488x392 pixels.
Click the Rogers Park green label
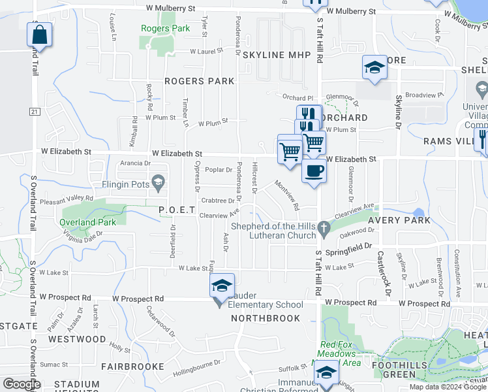point(166,28)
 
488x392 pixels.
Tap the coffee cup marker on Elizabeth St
point(314,171)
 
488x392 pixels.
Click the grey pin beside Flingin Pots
point(157,181)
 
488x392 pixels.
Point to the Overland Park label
point(88,222)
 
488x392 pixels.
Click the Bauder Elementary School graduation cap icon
point(222,286)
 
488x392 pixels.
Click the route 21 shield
point(35,112)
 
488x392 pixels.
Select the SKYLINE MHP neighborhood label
point(276,56)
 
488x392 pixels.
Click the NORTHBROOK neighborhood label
point(266,318)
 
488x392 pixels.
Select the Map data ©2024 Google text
point(448,387)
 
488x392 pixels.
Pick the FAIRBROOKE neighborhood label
point(132,367)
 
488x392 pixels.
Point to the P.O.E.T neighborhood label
point(177,209)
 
